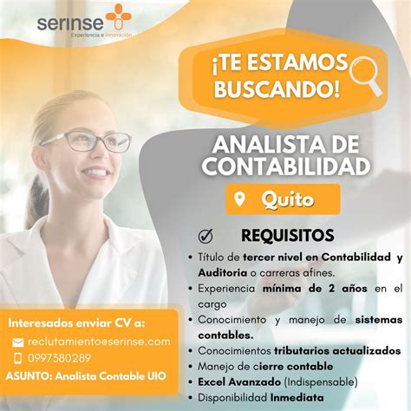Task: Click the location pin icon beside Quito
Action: (x=242, y=200)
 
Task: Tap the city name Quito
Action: (x=289, y=200)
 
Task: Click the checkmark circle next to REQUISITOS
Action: (x=206, y=235)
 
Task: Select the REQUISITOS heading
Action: (x=287, y=235)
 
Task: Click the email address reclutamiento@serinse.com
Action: (x=99, y=342)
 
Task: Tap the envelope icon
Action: (x=18, y=342)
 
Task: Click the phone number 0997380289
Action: (x=59, y=358)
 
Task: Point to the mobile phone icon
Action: (x=18, y=358)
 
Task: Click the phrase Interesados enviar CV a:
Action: (x=76, y=323)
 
